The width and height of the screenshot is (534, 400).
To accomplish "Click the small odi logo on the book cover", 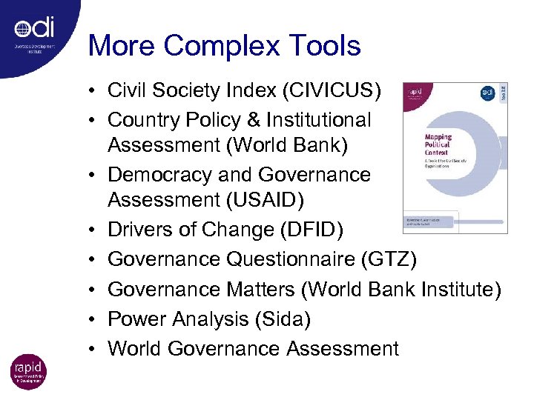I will [x=487, y=93].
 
